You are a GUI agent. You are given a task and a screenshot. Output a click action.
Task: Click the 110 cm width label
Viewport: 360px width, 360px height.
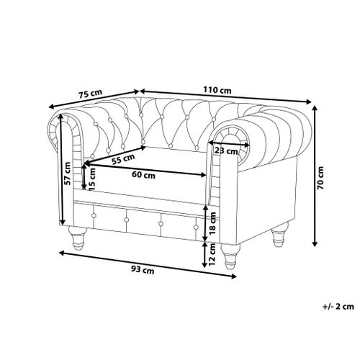217,90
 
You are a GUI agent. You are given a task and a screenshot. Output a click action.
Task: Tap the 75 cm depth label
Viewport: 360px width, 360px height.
91,94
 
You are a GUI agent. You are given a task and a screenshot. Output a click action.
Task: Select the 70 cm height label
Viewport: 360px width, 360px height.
320,178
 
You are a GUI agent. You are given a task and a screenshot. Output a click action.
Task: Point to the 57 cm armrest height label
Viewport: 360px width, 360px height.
68,174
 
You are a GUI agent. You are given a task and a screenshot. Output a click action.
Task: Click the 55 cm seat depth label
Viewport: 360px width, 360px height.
124,159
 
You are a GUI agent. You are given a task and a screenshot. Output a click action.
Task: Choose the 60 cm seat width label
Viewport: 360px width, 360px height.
143,175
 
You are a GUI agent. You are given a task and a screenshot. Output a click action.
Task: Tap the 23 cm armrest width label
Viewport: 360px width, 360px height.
226,151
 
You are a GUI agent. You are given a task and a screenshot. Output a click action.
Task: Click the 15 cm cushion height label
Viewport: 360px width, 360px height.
92,179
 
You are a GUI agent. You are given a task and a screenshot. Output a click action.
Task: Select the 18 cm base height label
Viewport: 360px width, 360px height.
212,223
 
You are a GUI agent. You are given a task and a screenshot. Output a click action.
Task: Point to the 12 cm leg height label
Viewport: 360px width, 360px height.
212,254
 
